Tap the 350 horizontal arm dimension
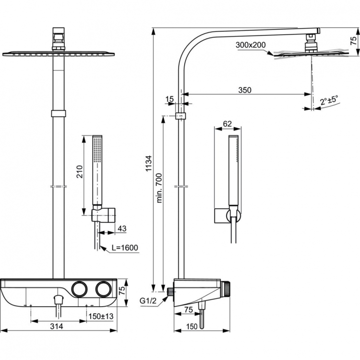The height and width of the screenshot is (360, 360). click(244, 89)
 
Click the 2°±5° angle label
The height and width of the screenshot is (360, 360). click(329, 101)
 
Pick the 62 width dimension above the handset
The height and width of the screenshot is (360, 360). click(228, 124)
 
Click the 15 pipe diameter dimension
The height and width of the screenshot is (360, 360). click(169, 99)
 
